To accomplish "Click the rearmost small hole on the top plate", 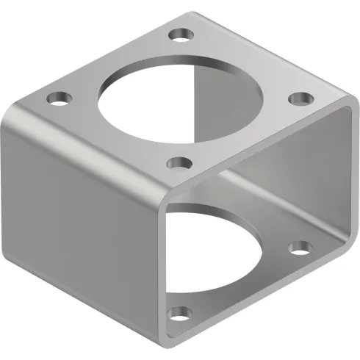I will tap(179, 33).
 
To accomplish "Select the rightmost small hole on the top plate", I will tap(298, 98).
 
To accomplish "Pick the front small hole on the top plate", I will tap(177, 163).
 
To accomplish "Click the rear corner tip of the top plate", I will tap(192, 10).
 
